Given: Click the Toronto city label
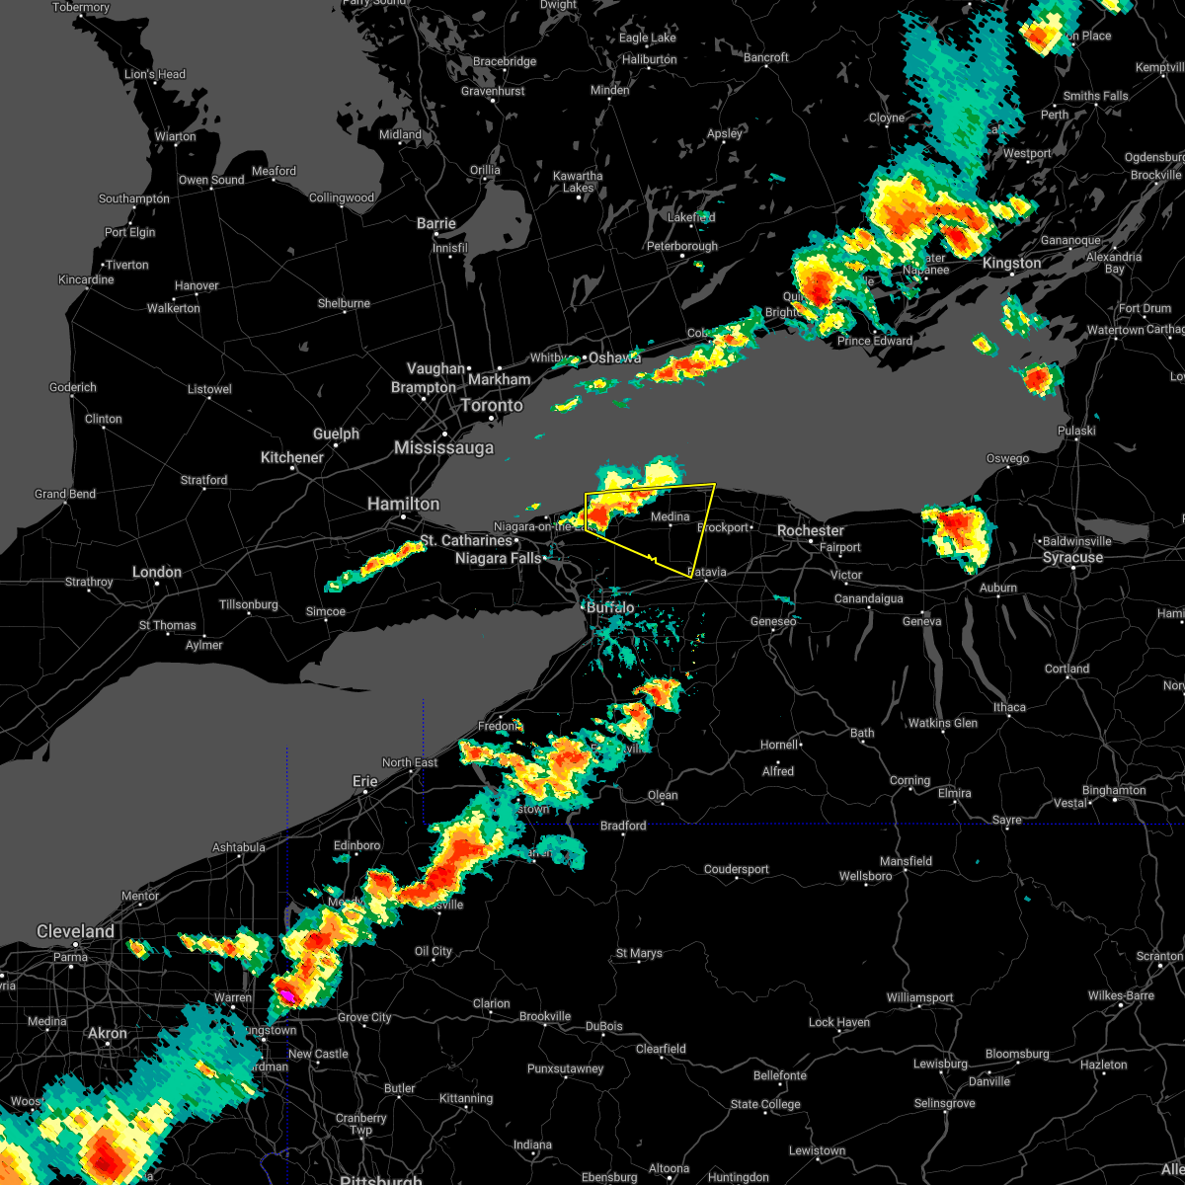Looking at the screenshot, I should (491, 405).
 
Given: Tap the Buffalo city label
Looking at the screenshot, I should (609, 607).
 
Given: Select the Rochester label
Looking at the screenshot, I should (810, 530).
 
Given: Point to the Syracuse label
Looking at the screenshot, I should (1072, 557).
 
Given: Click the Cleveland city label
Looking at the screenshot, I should (75, 931).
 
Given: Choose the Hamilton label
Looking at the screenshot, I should (403, 504).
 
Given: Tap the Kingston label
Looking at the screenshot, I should (1011, 263).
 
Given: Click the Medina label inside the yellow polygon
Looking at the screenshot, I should (670, 516).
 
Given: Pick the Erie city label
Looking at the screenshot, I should (365, 781).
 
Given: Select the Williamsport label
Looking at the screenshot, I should (919, 997).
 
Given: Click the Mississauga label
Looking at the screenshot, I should (443, 447).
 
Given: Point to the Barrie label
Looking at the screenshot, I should (435, 224).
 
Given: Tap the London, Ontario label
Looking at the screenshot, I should (157, 572).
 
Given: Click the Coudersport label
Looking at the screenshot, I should (736, 869).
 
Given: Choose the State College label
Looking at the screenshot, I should (765, 1104).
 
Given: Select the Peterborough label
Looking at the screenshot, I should (681, 246).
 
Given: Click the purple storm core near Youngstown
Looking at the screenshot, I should (284, 994).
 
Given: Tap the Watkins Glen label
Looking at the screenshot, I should (942, 723).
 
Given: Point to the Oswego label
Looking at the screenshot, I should (1007, 458).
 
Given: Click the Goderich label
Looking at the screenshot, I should (73, 387).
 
